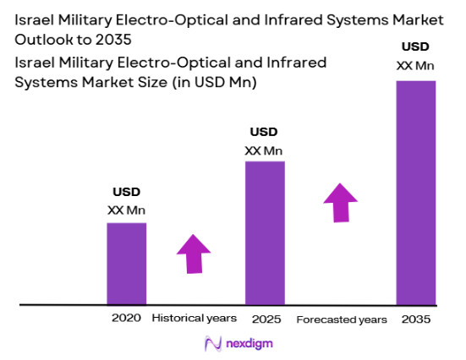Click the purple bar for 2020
(126, 263)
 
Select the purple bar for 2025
(265, 232)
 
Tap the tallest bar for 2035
(415, 192)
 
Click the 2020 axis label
(126, 319)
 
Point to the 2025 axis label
(265, 319)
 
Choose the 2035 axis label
(416, 319)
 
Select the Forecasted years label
(342, 320)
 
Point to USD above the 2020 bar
(126, 193)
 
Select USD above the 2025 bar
(264, 132)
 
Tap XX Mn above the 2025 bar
(264, 150)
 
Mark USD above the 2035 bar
(416, 47)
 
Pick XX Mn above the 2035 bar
(416, 66)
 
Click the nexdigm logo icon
(212, 344)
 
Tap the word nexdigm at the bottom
(249, 344)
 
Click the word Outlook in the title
(44, 40)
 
